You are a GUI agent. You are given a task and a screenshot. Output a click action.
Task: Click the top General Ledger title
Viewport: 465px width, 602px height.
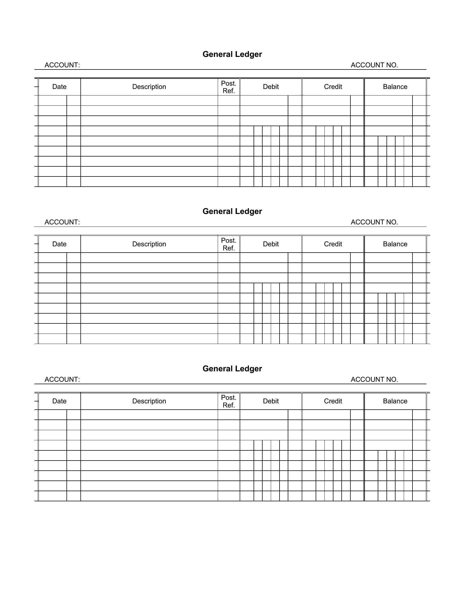232,54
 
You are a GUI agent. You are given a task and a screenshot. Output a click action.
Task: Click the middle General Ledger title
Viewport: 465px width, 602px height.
232,212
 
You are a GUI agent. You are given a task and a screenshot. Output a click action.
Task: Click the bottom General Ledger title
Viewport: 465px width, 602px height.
232,369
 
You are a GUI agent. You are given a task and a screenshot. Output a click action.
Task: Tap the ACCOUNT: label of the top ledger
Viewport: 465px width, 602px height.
62,65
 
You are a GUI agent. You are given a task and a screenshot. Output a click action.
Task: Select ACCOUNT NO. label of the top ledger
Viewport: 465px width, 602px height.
374,65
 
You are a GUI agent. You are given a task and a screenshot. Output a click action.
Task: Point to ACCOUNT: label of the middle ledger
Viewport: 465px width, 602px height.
62,222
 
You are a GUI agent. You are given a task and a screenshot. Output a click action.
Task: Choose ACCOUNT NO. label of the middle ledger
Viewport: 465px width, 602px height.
374,222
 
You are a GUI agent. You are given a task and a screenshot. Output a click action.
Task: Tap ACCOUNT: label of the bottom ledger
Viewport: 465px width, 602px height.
62,380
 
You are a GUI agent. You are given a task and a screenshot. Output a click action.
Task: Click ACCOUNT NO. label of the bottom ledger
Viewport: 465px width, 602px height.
374,380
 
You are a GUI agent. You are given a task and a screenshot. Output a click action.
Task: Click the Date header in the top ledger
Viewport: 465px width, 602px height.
60,87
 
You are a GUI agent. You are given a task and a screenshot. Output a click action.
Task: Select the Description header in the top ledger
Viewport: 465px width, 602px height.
149,87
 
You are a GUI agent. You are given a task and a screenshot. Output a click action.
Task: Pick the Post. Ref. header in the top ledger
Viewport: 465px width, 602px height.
229,87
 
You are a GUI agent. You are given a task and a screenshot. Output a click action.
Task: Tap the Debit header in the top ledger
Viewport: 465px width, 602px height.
271,87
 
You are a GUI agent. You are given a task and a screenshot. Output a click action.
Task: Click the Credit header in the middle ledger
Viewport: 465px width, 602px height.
333,244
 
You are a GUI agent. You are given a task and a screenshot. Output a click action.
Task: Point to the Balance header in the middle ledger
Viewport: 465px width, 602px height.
395,244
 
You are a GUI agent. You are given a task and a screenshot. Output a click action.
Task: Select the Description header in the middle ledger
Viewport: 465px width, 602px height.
149,244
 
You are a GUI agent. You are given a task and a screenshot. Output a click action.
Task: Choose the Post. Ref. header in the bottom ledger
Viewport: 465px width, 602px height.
229,401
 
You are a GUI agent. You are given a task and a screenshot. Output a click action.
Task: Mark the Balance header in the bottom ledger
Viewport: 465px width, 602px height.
395,401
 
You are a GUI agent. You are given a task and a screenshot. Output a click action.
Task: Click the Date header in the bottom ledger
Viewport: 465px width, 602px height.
60,401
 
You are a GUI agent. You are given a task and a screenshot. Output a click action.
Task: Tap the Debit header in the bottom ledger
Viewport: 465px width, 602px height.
271,401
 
